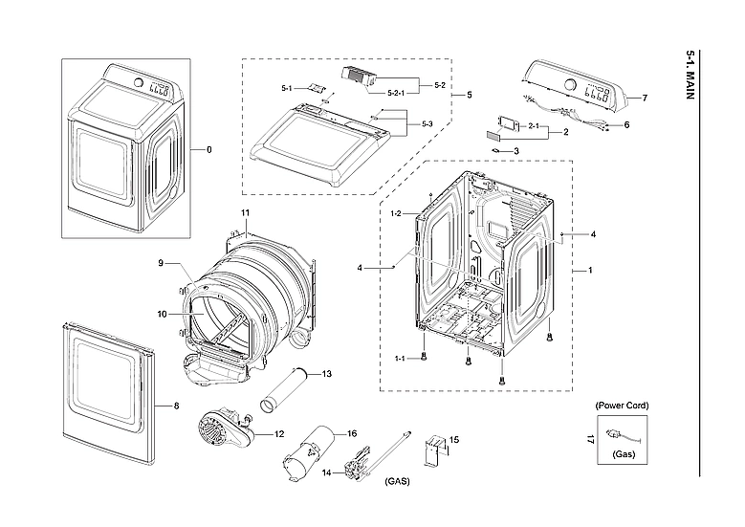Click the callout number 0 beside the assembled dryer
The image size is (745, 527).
tap(208, 150)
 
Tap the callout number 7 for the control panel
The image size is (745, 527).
tap(645, 99)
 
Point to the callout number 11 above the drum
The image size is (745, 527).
tap(245, 211)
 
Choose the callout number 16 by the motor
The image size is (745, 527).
tap(352, 433)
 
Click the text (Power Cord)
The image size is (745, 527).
tap(622, 406)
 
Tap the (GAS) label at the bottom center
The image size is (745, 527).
tap(397, 481)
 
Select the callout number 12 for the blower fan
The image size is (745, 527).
tap(279, 434)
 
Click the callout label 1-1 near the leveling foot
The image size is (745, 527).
tap(400, 358)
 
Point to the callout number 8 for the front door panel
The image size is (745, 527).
tap(175, 406)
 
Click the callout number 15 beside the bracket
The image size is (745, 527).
tap(453, 440)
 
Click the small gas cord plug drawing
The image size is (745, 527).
tap(623, 435)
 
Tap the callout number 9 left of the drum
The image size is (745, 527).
tap(162, 263)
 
